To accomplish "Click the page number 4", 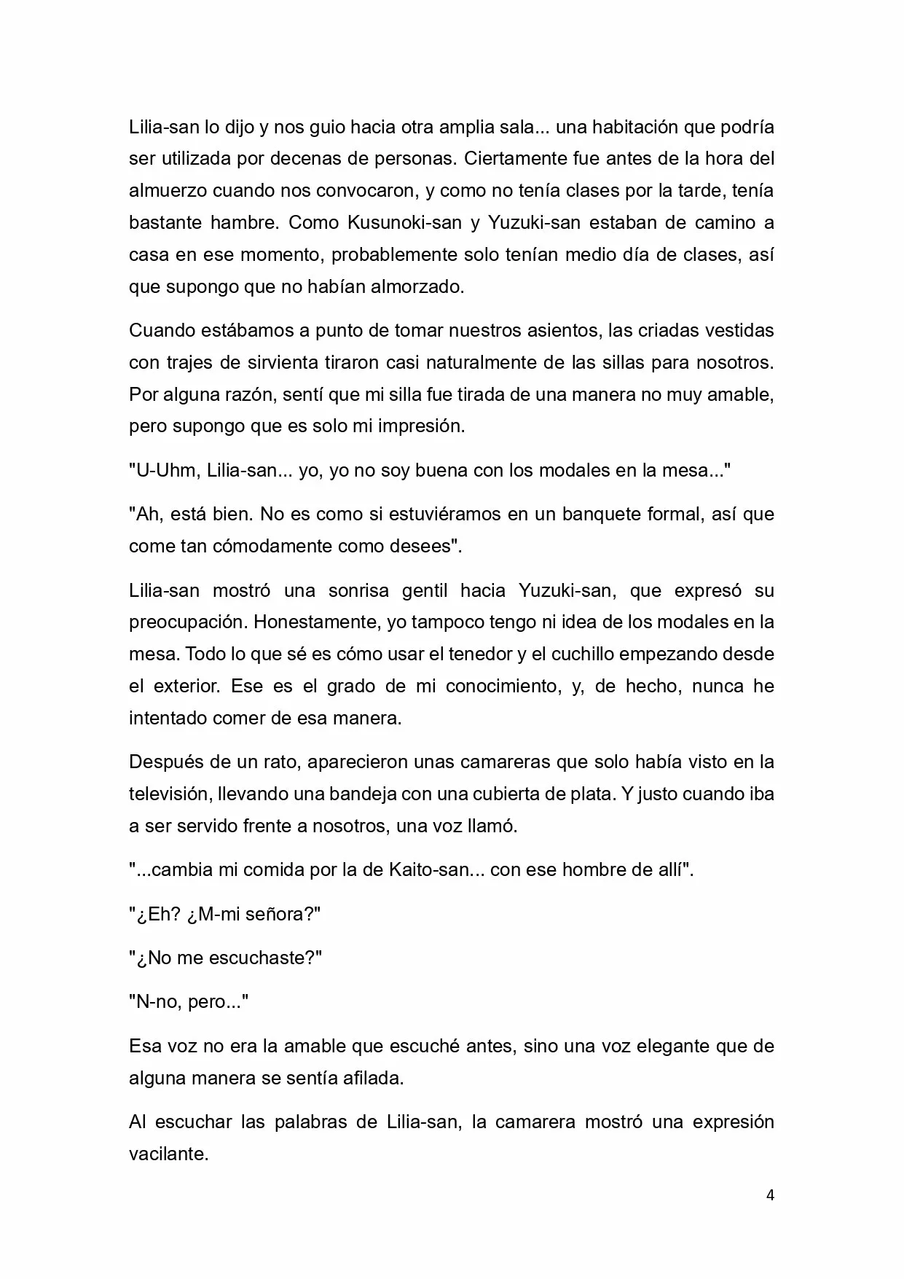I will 770,1195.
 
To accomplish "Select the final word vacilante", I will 168,1154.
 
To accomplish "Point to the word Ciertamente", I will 521,159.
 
